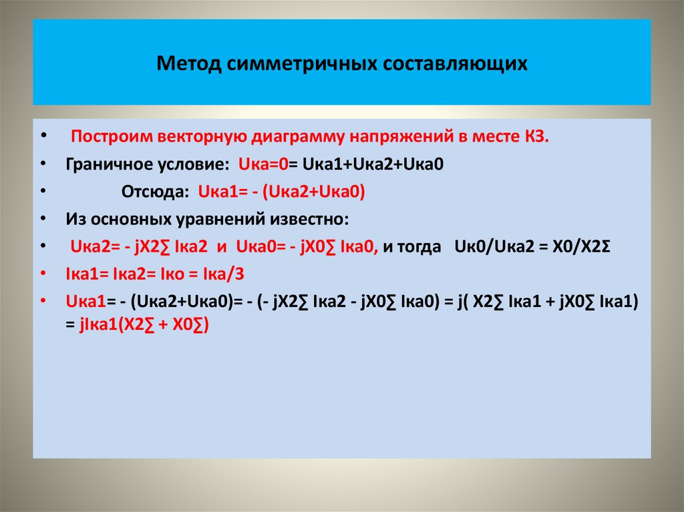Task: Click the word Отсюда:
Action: pos(155,192)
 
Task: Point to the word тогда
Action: pos(423,246)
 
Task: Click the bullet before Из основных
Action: pos(43,219)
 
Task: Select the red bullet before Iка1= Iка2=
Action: pos(43,274)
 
